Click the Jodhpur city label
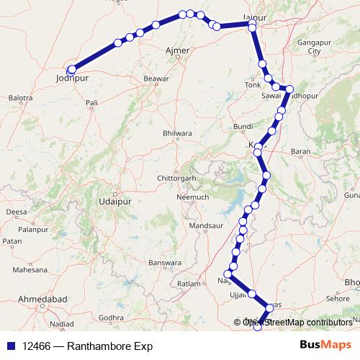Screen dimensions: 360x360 71,78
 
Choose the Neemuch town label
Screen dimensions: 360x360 193,197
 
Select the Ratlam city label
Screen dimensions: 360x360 188,284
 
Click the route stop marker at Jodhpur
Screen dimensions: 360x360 71,70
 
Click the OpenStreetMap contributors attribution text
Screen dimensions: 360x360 297,323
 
